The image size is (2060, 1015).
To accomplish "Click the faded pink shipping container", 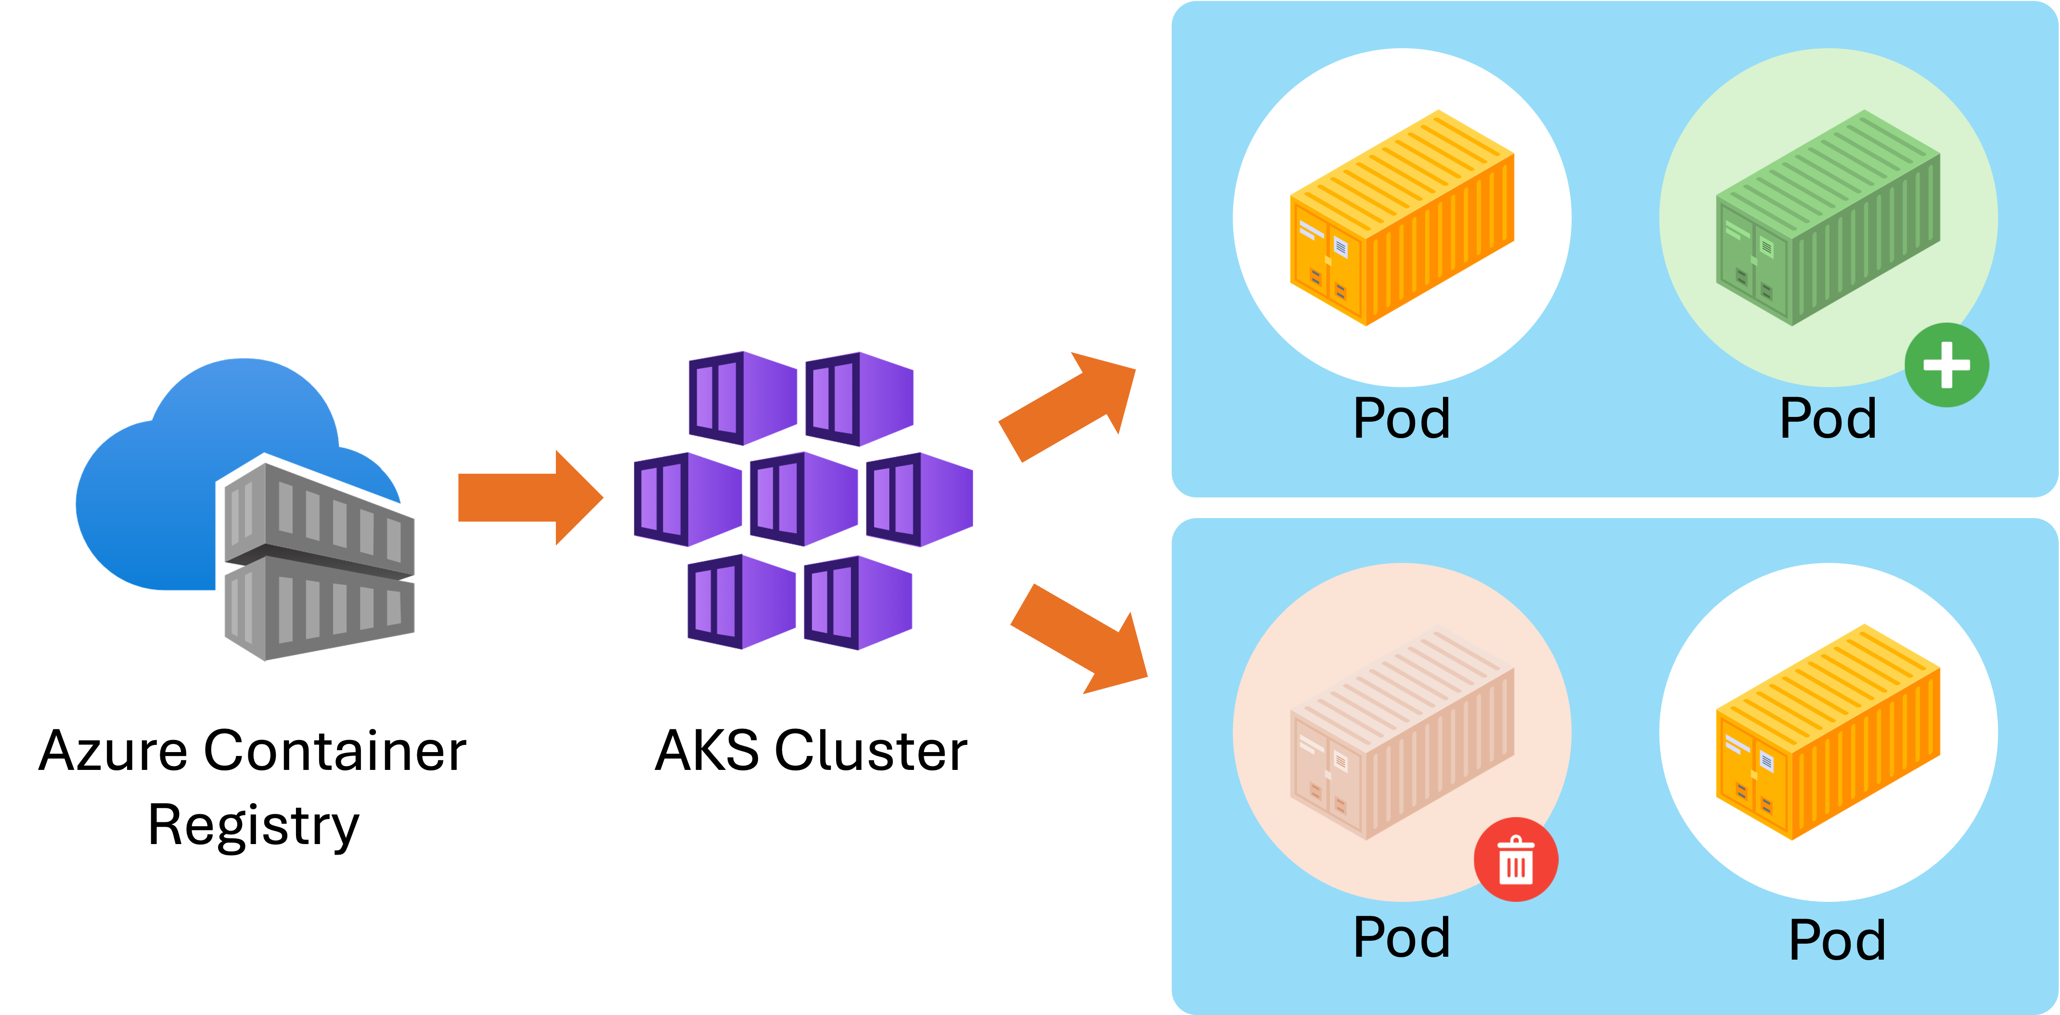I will [x=1402, y=732].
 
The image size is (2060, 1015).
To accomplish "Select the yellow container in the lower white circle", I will [x=1828, y=732].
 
